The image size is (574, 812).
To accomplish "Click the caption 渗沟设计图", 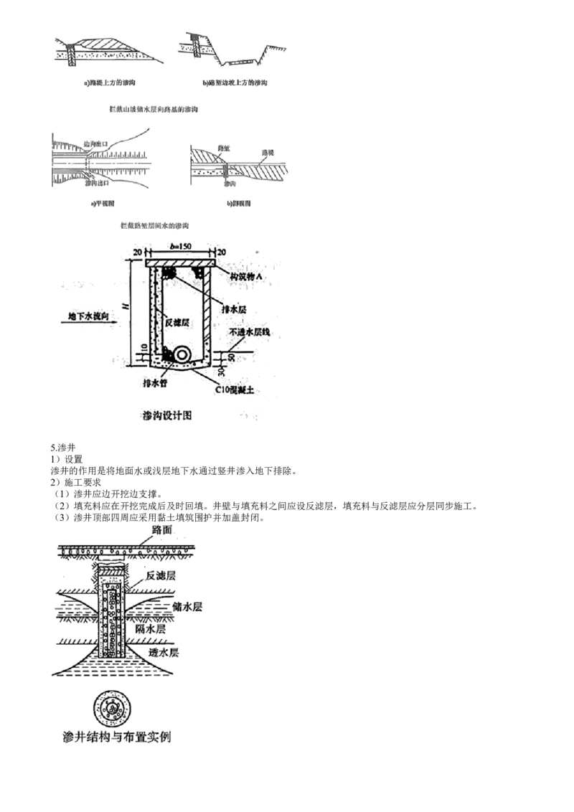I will click(x=169, y=415).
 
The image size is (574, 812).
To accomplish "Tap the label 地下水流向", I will click(x=88, y=316).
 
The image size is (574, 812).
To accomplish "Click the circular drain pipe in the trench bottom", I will click(x=182, y=355).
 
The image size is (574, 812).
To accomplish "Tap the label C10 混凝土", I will click(x=237, y=390).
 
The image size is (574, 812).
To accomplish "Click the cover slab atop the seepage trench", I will click(x=179, y=263).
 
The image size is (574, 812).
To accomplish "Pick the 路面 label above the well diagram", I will click(x=161, y=529).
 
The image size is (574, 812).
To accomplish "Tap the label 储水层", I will click(x=187, y=606).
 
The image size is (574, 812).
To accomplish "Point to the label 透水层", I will click(x=163, y=653).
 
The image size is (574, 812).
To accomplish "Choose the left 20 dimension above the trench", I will click(x=138, y=252).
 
